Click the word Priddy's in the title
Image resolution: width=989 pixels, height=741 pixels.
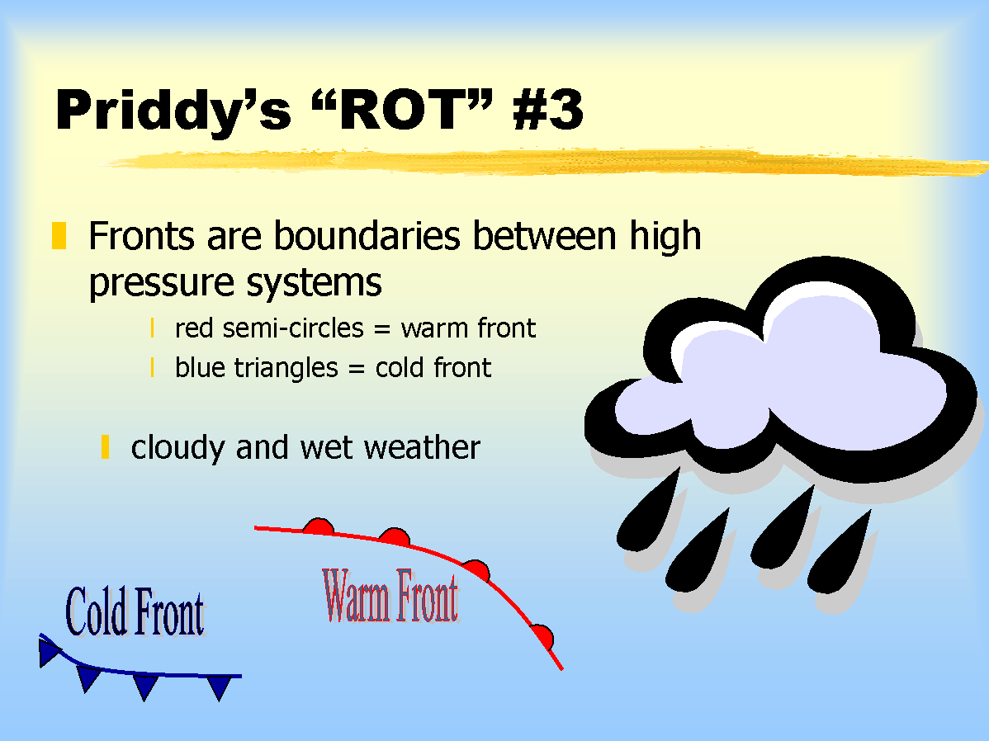pyautogui.click(x=173, y=111)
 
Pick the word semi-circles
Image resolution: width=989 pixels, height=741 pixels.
pyautogui.click(x=293, y=328)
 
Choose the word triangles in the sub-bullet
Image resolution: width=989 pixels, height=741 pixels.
pyautogui.click(x=286, y=368)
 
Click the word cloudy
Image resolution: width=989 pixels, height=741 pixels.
pyautogui.click(x=177, y=448)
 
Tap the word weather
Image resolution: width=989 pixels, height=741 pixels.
pyautogui.click(x=422, y=448)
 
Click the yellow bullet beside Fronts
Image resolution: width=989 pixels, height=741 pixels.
pyautogui.click(x=59, y=235)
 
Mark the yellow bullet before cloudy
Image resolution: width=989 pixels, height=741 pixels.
pyautogui.click(x=106, y=446)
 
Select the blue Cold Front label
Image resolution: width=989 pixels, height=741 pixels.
pyautogui.click(x=135, y=611)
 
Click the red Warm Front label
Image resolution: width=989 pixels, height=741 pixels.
pyautogui.click(x=390, y=595)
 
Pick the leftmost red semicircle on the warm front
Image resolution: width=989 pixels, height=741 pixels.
pyautogui.click(x=319, y=526)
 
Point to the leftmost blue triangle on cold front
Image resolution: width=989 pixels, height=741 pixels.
pyautogui.click(x=48, y=652)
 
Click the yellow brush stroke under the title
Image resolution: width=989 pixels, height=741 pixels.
pyautogui.click(x=546, y=162)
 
